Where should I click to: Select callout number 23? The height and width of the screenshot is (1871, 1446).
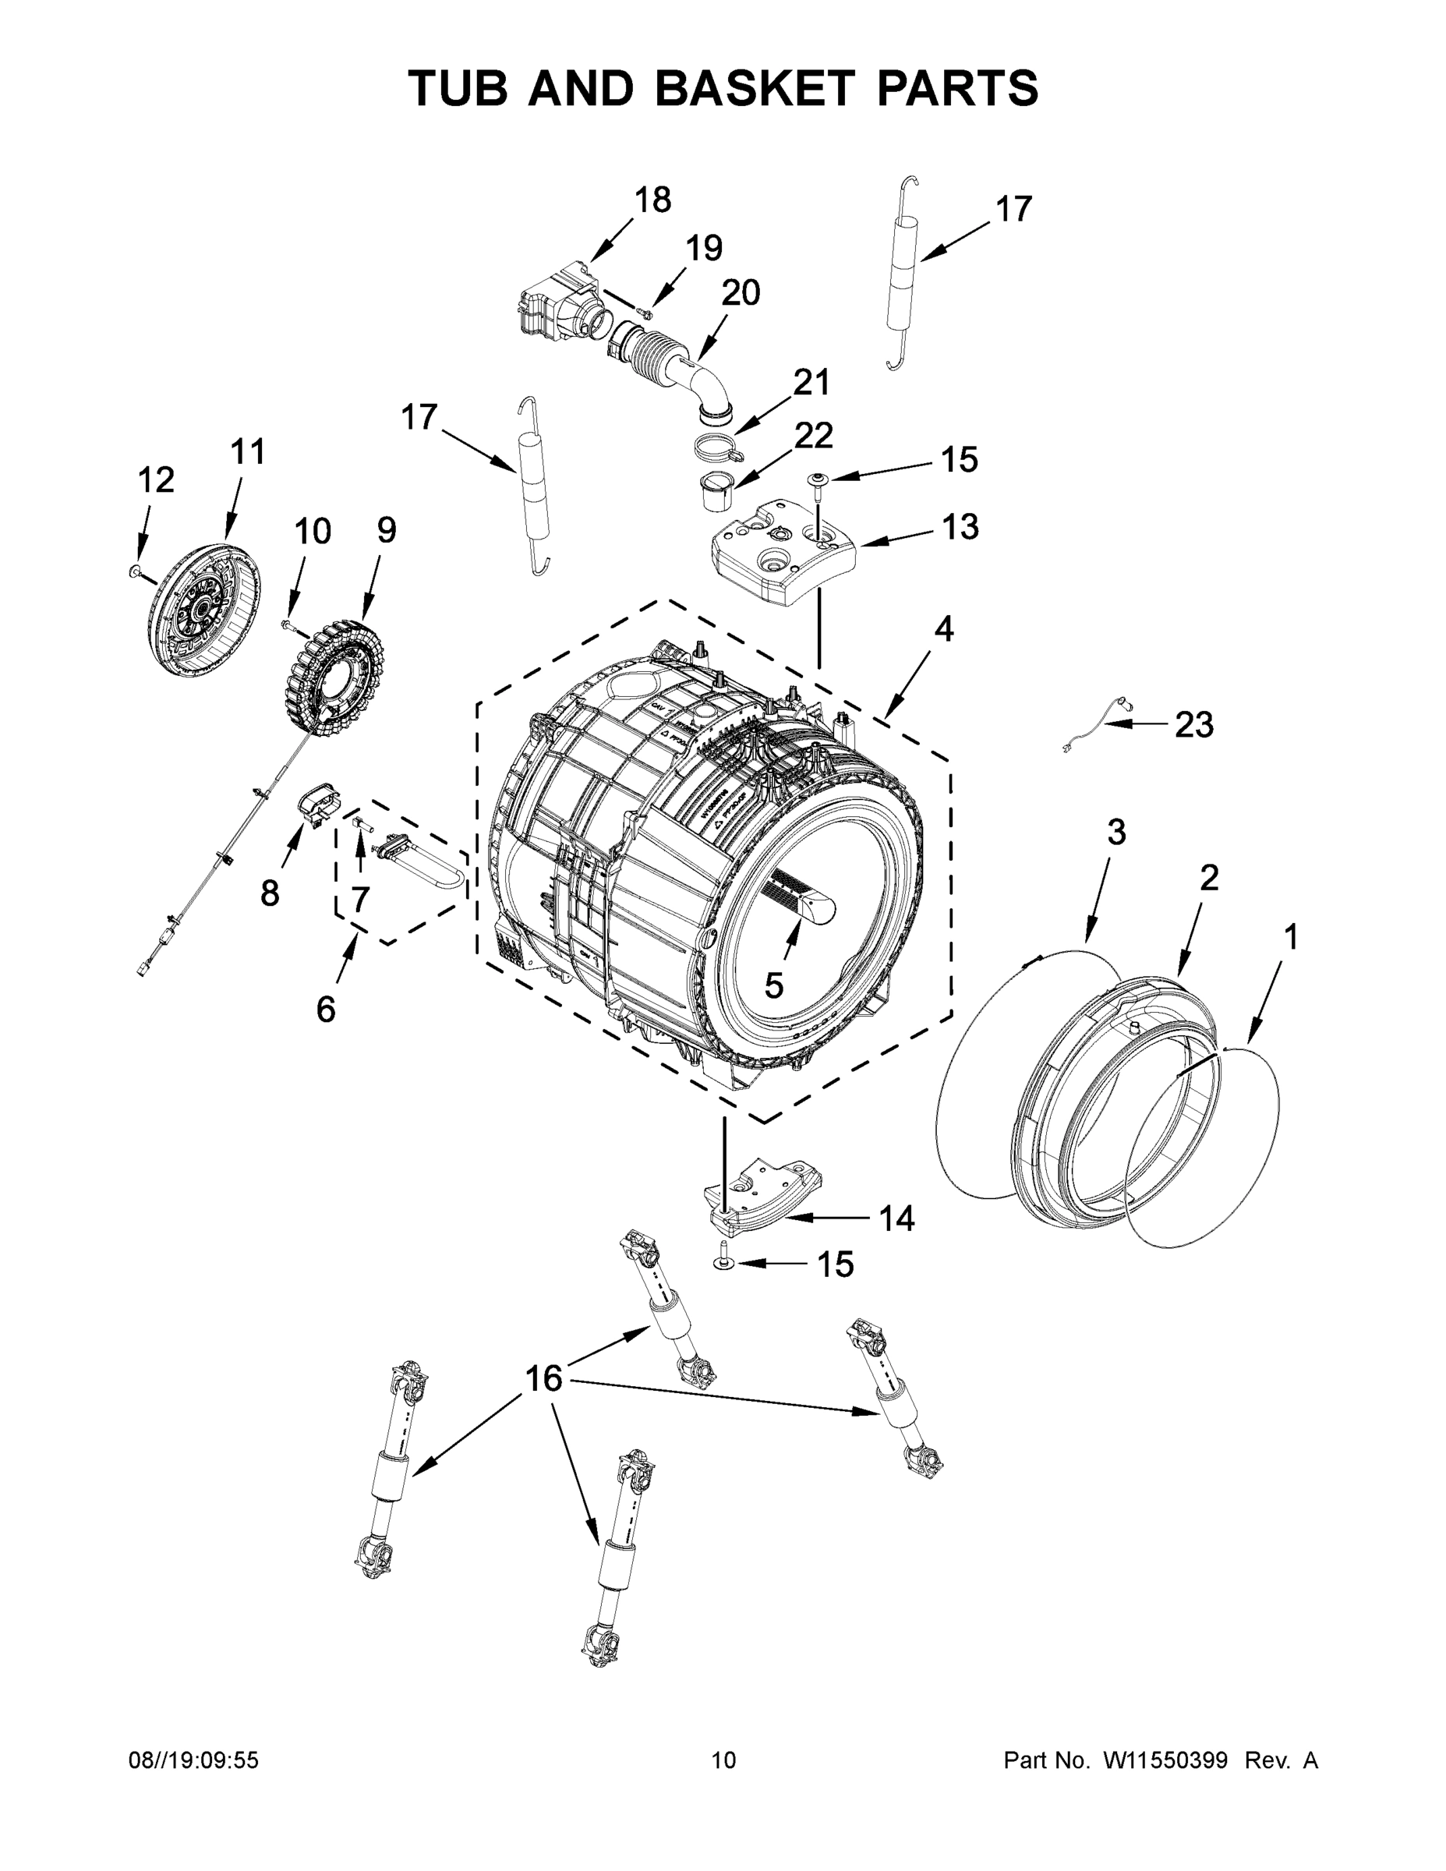point(1193,726)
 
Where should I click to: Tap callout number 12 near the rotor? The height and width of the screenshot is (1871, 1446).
point(156,479)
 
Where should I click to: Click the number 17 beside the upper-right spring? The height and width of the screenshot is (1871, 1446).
point(1013,209)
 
